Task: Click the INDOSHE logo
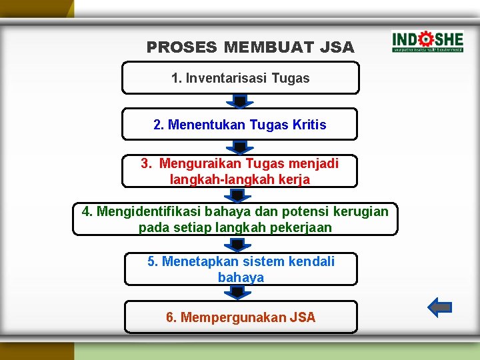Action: pyautogui.click(x=427, y=41)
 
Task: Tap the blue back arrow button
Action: pyautogui.click(x=439, y=307)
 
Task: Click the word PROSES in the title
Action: pyautogui.click(x=182, y=47)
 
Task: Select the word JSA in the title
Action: pyautogui.click(x=337, y=47)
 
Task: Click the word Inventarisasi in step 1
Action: pyautogui.click(x=226, y=78)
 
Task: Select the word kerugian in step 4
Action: pyautogui.click(x=361, y=211)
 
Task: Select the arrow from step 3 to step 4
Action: pyautogui.click(x=238, y=195)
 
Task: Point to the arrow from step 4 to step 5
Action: pyautogui.click(x=238, y=245)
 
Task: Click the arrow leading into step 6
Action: pyautogui.click(x=238, y=293)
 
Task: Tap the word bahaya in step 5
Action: pyautogui.click(x=241, y=277)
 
